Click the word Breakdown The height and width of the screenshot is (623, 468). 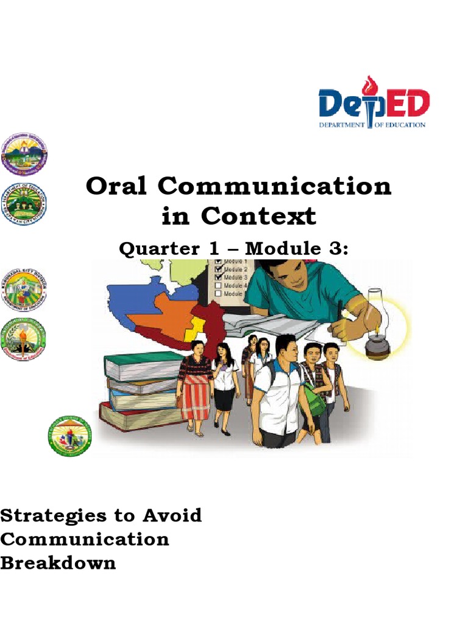point(58,563)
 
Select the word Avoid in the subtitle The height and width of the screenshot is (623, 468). point(172,516)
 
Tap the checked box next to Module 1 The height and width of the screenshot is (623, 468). point(218,262)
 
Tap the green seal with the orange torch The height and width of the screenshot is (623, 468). point(24,339)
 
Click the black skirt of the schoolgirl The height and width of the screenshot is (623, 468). point(224,399)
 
